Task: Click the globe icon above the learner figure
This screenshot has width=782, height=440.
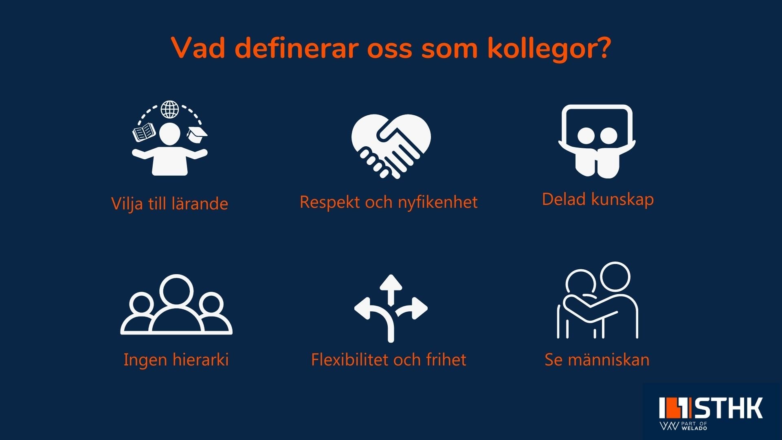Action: (169, 110)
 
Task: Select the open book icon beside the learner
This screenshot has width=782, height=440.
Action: (144, 132)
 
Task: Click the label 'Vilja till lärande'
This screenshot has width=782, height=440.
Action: (169, 203)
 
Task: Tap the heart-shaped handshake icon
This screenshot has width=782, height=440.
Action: (391, 146)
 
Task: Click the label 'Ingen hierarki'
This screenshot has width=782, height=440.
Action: (176, 359)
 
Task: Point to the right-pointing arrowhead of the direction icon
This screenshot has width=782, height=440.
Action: (420, 308)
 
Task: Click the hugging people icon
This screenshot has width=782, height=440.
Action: (597, 300)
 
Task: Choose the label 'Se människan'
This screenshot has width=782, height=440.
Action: (597, 359)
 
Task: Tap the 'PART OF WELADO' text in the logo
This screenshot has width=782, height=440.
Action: (694, 426)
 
